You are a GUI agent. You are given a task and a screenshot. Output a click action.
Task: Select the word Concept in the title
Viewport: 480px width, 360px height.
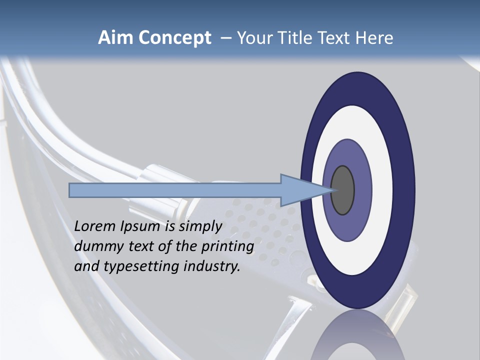click(174, 38)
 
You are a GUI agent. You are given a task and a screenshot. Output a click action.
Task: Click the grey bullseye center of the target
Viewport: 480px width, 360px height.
click(343, 190)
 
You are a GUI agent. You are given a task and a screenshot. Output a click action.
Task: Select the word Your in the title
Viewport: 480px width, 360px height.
click(251, 38)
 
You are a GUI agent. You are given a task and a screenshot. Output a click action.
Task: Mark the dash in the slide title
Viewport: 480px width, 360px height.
click(225, 38)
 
